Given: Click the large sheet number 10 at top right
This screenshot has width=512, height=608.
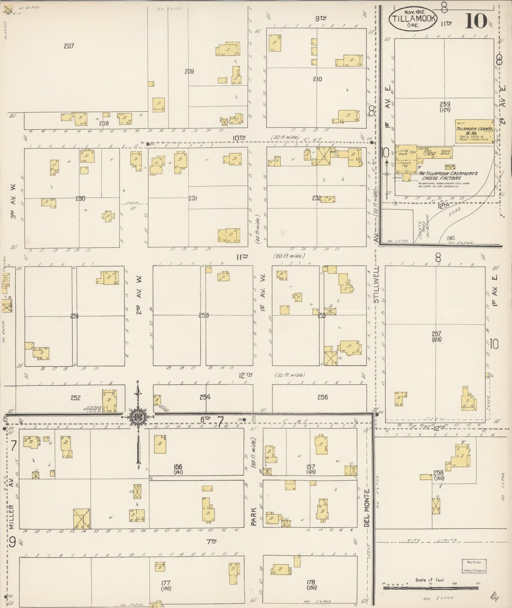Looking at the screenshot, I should pos(476,21).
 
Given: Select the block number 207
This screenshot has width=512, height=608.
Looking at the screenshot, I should pos(69,46).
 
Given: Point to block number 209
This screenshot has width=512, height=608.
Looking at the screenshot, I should pos(189,71).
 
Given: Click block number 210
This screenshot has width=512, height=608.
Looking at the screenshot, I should pos(317,79).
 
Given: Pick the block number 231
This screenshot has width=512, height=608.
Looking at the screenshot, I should pos(193,198).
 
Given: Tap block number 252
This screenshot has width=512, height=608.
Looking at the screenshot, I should pos(75,398).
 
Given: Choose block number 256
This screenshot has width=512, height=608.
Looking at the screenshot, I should pos(322,397).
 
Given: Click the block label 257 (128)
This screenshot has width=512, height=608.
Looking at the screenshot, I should pos(436,336).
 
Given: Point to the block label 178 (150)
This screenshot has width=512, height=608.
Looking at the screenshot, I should pos(311,584).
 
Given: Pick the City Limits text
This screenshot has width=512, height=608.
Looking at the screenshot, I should pos(430,541).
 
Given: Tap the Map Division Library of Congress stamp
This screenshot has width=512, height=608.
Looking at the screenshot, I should pos(474,565).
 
